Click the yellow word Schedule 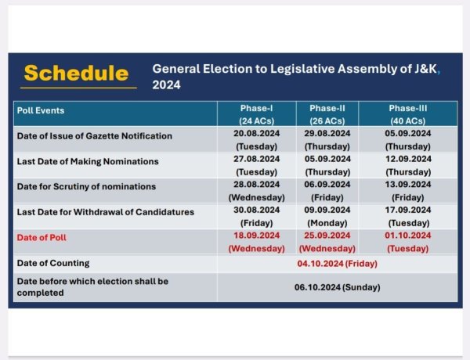point(76,74)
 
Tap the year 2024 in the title point(166,85)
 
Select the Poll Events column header point(41,110)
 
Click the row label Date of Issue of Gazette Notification point(95,135)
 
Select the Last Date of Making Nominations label point(88,161)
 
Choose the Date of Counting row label point(53,262)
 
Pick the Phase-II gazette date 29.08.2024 point(324,134)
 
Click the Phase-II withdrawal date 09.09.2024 point(324,210)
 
